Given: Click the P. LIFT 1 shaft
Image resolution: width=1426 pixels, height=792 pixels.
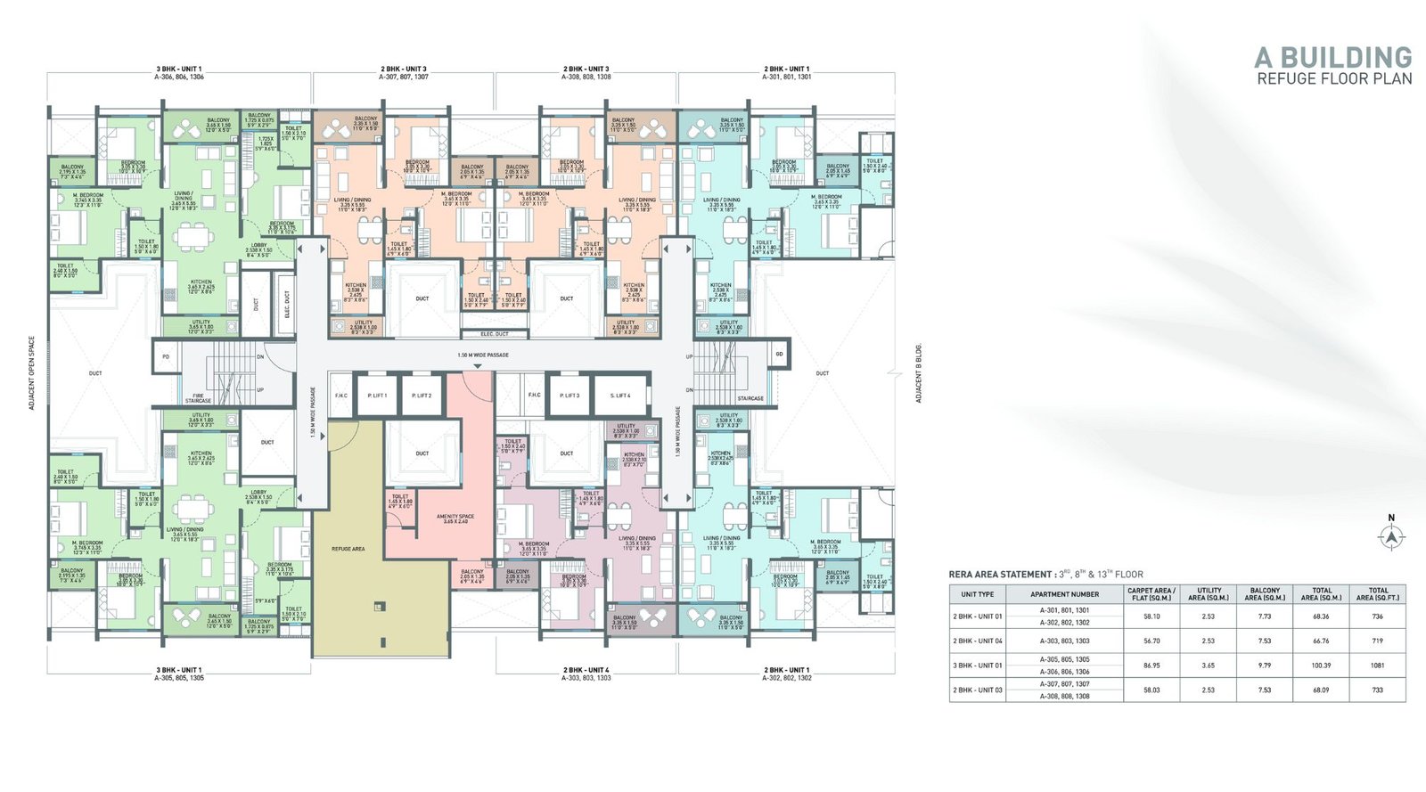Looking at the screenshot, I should pyautogui.click(x=377, y=396).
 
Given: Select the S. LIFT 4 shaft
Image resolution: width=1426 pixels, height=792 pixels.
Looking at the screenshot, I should pyautogui.click(x=620, y=396).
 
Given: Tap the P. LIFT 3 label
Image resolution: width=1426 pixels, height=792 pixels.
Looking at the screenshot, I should pyautogui.click(x=570, y=396).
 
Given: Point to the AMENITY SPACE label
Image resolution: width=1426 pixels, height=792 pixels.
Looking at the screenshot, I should pyautogui.click(x=455, y=518).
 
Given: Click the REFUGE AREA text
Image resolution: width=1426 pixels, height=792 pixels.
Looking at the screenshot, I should pyautogui.click(x=348, y=549).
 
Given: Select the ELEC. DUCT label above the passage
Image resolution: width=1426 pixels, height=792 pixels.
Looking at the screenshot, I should pyautogui.click(x=495, y=334).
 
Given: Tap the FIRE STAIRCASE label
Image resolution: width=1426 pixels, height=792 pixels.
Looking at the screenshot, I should pyautogui.click(x=198, y=398).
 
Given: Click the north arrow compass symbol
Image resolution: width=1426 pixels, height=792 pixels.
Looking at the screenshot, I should pyautogui.click(x=1391, y=536).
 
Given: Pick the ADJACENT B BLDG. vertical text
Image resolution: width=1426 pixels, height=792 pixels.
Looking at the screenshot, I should pyautogui.click(x=919, y=373).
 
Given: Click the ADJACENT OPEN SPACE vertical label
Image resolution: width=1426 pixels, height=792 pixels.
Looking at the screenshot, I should pyautogui.click(x=32, y=373).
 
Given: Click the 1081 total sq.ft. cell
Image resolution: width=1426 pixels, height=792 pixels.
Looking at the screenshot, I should pyautogui.click(x=1377, y=665).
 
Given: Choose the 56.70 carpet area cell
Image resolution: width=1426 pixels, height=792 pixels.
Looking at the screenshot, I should pyautogui.click(x=1151, y=641).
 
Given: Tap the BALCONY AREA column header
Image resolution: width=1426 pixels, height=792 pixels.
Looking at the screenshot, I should pyautogui.click(x=1265, y=593).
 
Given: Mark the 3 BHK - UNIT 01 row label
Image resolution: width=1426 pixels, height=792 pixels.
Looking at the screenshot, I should pyautogui.click(x=978, y=665).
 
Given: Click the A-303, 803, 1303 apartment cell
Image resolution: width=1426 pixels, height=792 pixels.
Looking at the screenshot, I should pyautogui.click(x=1064, y=641).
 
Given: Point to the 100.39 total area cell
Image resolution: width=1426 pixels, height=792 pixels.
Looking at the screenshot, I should pyautogui.click(x=1321, y=665).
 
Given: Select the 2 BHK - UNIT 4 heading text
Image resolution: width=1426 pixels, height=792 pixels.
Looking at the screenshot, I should pyautogui.click(x=586, y=670).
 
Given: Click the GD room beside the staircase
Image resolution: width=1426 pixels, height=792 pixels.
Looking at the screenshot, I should pyautogui.click(x=779, y=355).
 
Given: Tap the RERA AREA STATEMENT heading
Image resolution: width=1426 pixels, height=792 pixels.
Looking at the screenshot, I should pyautogui.click(x=1000, y=575).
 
